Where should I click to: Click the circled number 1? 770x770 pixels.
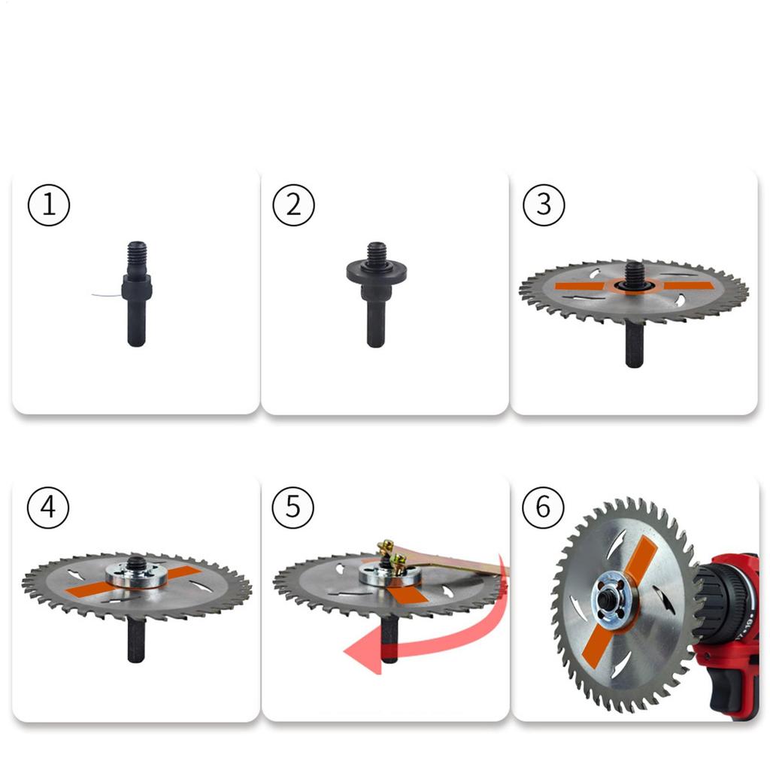[49, 205]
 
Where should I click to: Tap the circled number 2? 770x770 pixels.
[294, 205]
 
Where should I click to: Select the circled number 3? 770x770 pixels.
[543, 205]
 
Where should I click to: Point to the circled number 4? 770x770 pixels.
[49, 508]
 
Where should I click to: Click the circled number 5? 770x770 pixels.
[294, 508]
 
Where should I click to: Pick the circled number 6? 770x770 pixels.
[543, 508]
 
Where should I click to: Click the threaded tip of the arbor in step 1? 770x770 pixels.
[136, 251]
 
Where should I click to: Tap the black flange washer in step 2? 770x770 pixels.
[376, 271]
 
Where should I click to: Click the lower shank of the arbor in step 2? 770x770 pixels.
[376, 323]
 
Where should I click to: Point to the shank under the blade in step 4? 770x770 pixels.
[136, 639]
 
